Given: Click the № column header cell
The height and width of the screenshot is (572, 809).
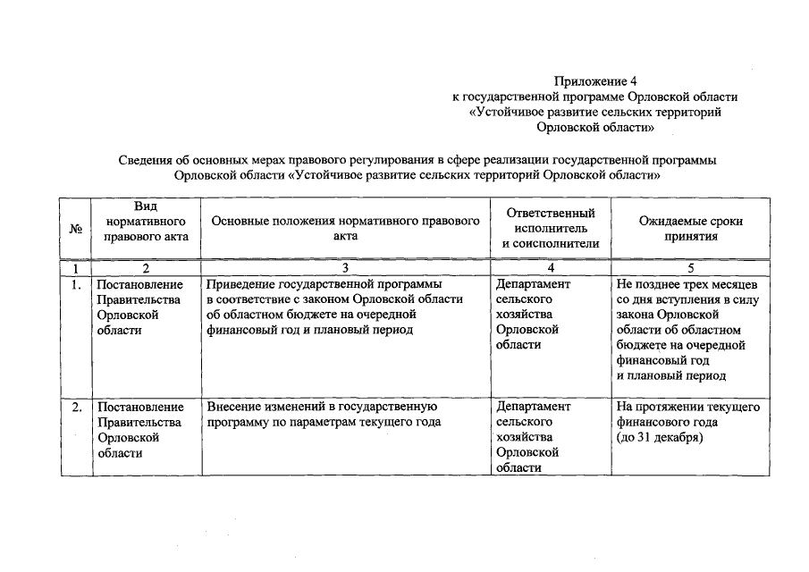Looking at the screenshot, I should [x=75, y=230].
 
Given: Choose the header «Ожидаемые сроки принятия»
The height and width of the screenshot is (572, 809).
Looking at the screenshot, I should [x=690, y=229].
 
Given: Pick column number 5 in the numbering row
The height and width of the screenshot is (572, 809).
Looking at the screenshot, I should [x=690, y=268].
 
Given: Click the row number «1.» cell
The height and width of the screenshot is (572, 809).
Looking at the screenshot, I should [x=76, y=285].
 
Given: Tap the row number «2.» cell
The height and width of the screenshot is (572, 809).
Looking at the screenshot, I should [x=76, y=408].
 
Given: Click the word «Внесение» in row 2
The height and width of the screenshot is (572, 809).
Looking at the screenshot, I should [x=232, y=408].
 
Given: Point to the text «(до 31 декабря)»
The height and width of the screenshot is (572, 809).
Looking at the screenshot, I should [x=660, y=438].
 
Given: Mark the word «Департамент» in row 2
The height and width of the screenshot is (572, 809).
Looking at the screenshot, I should [x=532, y=408].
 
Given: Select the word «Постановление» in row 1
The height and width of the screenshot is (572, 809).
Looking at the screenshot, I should [x=140, y=285].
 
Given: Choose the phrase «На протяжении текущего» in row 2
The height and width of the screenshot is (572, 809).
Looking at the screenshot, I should [x=688, y=408].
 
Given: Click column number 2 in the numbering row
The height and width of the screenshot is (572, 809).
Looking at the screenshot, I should [x=145, y=268].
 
